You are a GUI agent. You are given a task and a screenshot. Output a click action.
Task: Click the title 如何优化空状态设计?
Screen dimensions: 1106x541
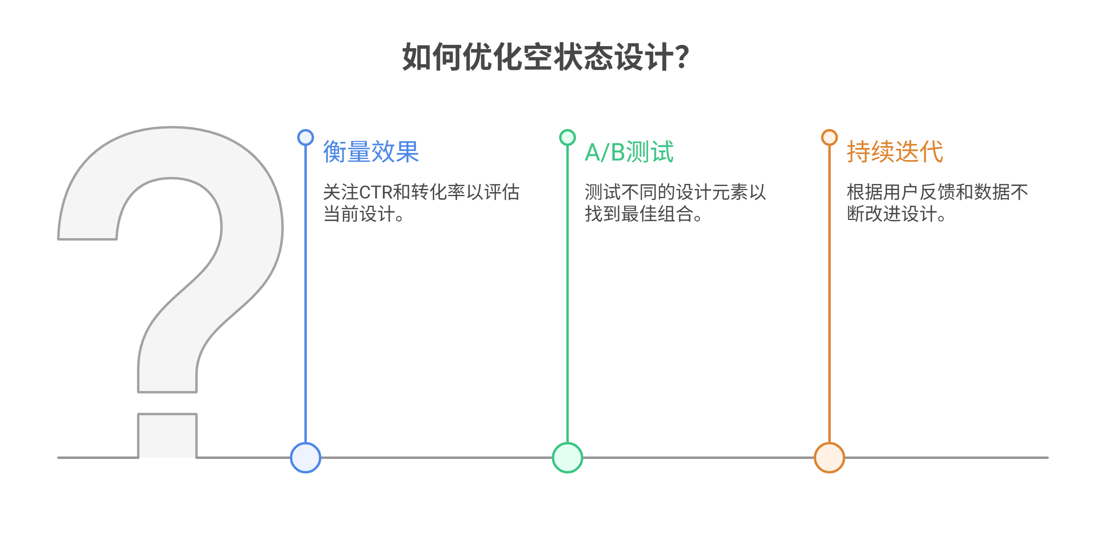[545, 57]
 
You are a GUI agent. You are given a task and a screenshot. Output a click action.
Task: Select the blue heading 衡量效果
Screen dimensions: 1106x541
[371, 152]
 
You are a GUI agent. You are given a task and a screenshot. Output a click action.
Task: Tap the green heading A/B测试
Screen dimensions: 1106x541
[629, 152]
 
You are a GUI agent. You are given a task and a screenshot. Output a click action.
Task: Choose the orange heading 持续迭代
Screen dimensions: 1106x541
[895, 152]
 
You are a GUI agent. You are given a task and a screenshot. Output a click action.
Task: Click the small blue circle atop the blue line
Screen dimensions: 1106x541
[305, 137]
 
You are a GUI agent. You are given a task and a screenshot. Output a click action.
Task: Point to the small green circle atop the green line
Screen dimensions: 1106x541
[567, 137]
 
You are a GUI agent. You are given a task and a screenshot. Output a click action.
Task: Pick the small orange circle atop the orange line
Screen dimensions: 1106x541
[829, 137]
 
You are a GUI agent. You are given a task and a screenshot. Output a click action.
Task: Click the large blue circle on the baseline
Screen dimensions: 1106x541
[305, 458]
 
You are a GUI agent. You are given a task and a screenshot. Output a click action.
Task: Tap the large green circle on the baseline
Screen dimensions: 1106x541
[567, 458]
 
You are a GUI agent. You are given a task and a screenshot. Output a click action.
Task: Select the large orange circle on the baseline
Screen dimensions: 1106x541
[829, 458]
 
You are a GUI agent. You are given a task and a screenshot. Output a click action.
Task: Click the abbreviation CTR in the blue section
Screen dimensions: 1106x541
[376, 192]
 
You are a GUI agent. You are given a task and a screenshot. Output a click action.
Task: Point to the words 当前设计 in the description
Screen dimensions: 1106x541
[359, 214]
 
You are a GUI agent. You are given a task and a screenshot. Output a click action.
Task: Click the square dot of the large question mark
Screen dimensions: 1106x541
[167, 435]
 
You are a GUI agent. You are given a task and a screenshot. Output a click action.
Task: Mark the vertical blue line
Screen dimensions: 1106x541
[305, 294]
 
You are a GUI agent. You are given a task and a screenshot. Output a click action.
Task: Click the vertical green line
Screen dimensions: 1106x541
[567, 294]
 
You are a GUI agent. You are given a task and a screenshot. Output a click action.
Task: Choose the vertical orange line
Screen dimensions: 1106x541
[829, 294]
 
